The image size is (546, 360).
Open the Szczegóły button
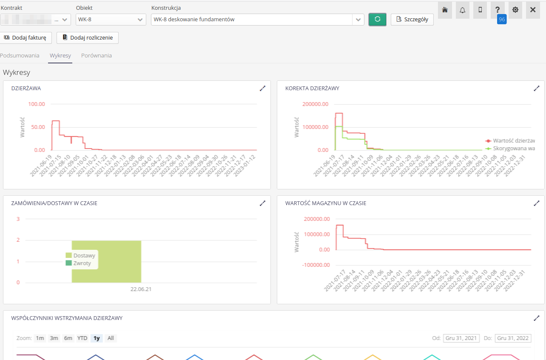pos(412,20)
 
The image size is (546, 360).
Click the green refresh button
pos(377,20)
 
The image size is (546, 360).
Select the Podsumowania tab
pos(20,55)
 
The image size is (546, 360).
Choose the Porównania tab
pos(97,55)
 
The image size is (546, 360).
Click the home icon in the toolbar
pos(445,10)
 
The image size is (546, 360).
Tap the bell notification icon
pos(463,10)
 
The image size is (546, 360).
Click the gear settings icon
pos(515,10)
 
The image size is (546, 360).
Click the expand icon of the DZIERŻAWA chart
pos(262,88)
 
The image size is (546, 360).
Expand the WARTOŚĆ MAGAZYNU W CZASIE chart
pos(536,203)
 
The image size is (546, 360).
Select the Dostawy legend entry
pos(84,255)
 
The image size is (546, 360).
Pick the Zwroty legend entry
pos(82,263)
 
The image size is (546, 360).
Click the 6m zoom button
pos(68,338)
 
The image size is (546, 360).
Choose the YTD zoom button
pos(82,338)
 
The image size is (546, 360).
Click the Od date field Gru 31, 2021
pos(461,338)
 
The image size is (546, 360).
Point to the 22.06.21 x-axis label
pos(141,289)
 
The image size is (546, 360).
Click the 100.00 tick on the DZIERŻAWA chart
pos(37,104)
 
